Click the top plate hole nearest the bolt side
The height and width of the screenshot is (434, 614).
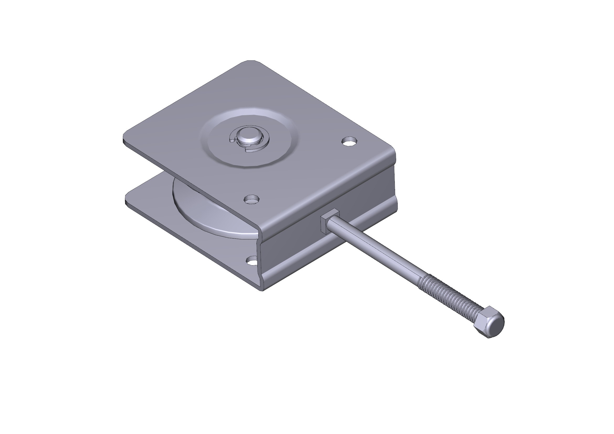(350, 141)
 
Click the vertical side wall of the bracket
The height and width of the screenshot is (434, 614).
(321, 241)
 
